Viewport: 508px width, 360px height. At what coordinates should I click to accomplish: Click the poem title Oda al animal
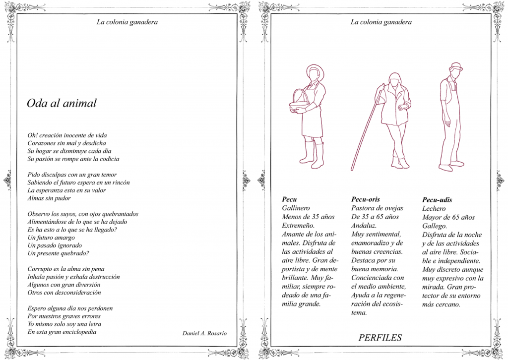coord(62,103)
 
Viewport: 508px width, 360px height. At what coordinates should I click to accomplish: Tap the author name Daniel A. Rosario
coord(204,333)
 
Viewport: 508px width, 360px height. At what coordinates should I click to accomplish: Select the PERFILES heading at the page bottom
coord(380,338)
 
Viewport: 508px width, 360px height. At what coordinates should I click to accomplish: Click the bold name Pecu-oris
coord(366,199)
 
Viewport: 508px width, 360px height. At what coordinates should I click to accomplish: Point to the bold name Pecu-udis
coord(437,200)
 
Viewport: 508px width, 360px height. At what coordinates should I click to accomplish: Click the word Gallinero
coord(296,208)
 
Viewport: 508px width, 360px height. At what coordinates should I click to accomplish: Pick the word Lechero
coord(434,209)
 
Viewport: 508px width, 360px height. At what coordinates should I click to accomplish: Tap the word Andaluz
coord(364,225)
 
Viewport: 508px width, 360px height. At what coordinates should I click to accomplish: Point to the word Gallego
coord(435,226)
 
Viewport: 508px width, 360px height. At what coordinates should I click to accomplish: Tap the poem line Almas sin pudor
coord(49,198)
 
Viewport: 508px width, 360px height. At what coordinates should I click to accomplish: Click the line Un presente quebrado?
coord(59,253)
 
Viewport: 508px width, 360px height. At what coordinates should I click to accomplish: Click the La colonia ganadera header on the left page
coord(127,22)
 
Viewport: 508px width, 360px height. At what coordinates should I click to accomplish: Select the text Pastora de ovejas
coord(378,208)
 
